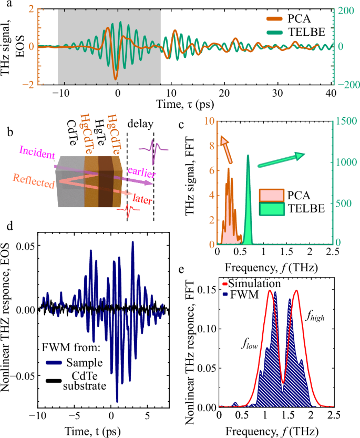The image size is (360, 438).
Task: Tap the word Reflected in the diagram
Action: click(x=35, y=184)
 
